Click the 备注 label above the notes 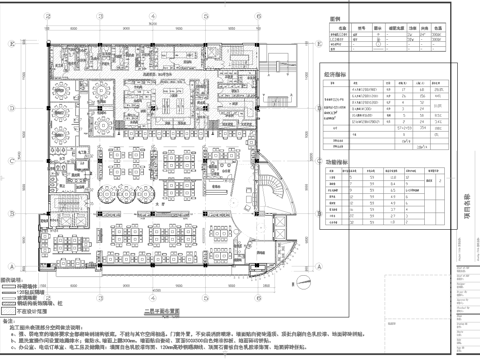pos(16,321)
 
